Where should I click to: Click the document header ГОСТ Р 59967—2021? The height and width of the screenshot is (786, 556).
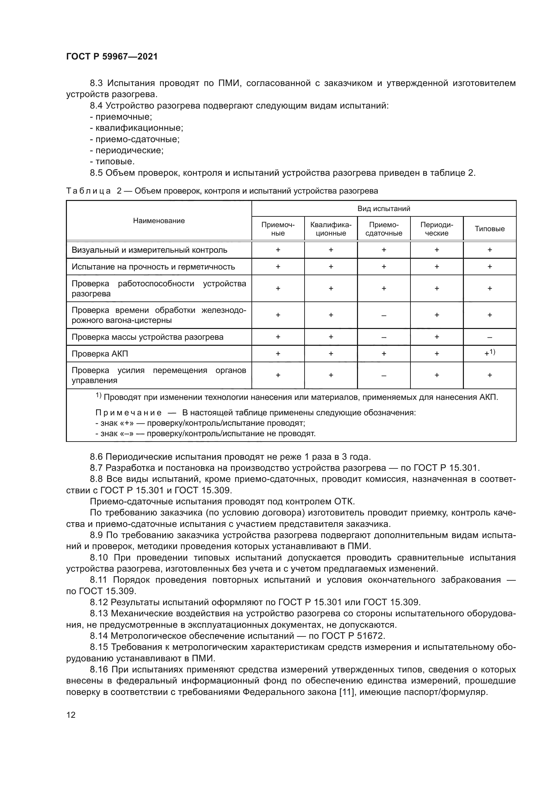point(112,57)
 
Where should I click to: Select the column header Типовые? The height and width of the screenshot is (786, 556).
point(489,229)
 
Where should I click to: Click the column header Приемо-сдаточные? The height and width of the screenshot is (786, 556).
point(384,229)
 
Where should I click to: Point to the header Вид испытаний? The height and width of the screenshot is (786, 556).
point(384,208)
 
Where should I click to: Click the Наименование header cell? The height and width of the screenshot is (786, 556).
point(159,221)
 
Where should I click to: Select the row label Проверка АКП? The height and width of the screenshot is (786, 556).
point(100,354)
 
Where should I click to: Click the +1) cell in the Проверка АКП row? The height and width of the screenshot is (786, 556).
point(489,353)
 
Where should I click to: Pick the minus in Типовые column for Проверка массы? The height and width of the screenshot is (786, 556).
point(489,337)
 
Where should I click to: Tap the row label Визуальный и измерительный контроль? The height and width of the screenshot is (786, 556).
point(149,250)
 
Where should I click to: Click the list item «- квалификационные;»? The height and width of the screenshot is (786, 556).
point(136,128)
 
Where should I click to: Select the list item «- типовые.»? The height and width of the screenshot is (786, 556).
point(112,162)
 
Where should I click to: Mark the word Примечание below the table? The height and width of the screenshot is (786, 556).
point(128,413)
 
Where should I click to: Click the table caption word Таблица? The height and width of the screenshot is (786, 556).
point(88,191)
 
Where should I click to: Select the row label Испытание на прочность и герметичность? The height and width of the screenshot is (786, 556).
point(153,267)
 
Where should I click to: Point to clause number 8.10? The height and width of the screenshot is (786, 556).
point(98,558)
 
